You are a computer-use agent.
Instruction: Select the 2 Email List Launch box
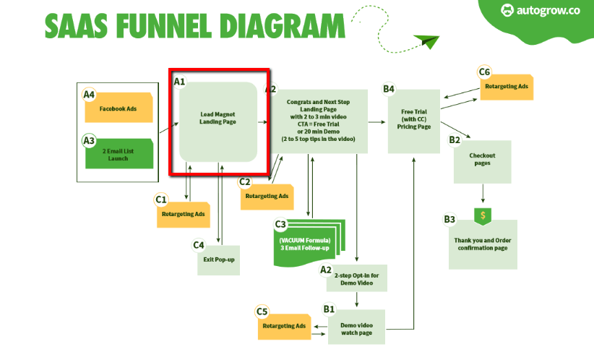tap(119, 153)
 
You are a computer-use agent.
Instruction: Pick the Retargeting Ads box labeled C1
tap(184, 214)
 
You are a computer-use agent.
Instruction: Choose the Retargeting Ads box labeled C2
tap(267, 196)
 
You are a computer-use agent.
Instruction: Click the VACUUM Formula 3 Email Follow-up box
tap(304, 244)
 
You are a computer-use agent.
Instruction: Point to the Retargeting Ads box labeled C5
tap(285, 326)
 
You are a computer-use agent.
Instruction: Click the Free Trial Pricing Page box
tap(413, 120)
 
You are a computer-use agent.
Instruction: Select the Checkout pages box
tap(483, 160)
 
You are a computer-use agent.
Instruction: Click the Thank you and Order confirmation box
tap(482, 244)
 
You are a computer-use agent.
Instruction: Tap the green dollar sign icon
tap(482, 215)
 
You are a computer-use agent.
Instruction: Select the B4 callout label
tap(389, 90)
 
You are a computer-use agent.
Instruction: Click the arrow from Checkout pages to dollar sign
tap(483, 192)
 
